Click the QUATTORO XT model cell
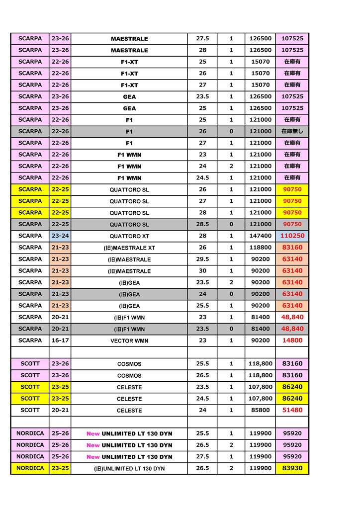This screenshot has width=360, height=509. pos(129,236)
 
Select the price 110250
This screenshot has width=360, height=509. pos(292,236)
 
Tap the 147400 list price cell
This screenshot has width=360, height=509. pos(260,236)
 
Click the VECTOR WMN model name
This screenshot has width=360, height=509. pos(129,340)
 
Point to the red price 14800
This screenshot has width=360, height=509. pos(292,340)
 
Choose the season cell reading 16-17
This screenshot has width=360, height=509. pos(60,340)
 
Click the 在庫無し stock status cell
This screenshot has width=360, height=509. pos(292,131)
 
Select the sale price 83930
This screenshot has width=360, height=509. pos(292,468)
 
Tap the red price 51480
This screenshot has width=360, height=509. pos(292,410)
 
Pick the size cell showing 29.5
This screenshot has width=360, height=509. pos(202,259)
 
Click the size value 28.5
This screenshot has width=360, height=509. pos(202,224)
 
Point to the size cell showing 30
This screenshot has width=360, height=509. pos(202,270)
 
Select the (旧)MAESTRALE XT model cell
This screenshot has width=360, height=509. pos(129,248)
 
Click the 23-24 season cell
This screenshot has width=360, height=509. pos(60,236)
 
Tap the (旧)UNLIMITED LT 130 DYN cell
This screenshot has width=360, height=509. pos(129,468)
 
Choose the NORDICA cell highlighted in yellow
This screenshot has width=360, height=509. pos(30,468)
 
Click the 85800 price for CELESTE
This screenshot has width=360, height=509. pos(260,410)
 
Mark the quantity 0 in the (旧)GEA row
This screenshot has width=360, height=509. pos(231,294)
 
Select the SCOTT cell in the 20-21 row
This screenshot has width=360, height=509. pos(30,410)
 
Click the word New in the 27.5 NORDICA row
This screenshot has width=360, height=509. pos(93,456)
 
